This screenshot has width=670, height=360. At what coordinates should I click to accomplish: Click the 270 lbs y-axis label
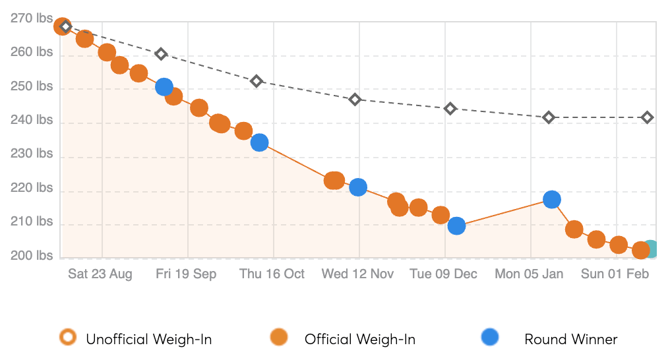pos(32,19)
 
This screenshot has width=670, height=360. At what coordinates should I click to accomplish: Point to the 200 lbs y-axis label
pos(32,256)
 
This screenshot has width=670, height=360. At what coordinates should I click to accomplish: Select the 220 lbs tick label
pos(32,189)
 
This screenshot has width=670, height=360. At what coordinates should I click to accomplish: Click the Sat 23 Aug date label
pos(100,274)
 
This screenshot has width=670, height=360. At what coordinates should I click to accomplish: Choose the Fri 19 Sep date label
pos(186,274)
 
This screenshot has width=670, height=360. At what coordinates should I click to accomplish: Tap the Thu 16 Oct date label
pos(272,274)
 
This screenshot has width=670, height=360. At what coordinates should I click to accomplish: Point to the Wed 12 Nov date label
pos(357,274)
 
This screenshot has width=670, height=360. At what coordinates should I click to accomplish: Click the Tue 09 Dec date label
pos(443,274)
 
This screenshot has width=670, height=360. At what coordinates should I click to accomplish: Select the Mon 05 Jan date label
pos(529,274)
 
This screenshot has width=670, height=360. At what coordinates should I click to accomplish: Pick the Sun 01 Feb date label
pos(615,274)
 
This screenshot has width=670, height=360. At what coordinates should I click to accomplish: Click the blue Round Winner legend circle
pos(490,338)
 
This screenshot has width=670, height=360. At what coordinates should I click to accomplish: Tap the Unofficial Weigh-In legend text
pos(148,340)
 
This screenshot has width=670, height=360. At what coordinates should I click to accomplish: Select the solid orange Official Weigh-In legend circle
pos(279,338)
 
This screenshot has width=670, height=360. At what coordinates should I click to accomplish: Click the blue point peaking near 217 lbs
pos(552,199)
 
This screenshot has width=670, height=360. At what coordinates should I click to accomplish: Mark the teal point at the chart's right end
pos(651,249)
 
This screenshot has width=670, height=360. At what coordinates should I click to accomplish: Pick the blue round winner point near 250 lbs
pos(164,86)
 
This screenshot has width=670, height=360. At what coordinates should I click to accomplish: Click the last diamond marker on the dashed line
pos(648,117)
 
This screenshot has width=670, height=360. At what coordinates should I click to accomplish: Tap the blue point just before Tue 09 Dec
pos(456,226)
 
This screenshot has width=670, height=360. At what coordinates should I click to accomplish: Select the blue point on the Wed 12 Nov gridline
pos(358,187)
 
